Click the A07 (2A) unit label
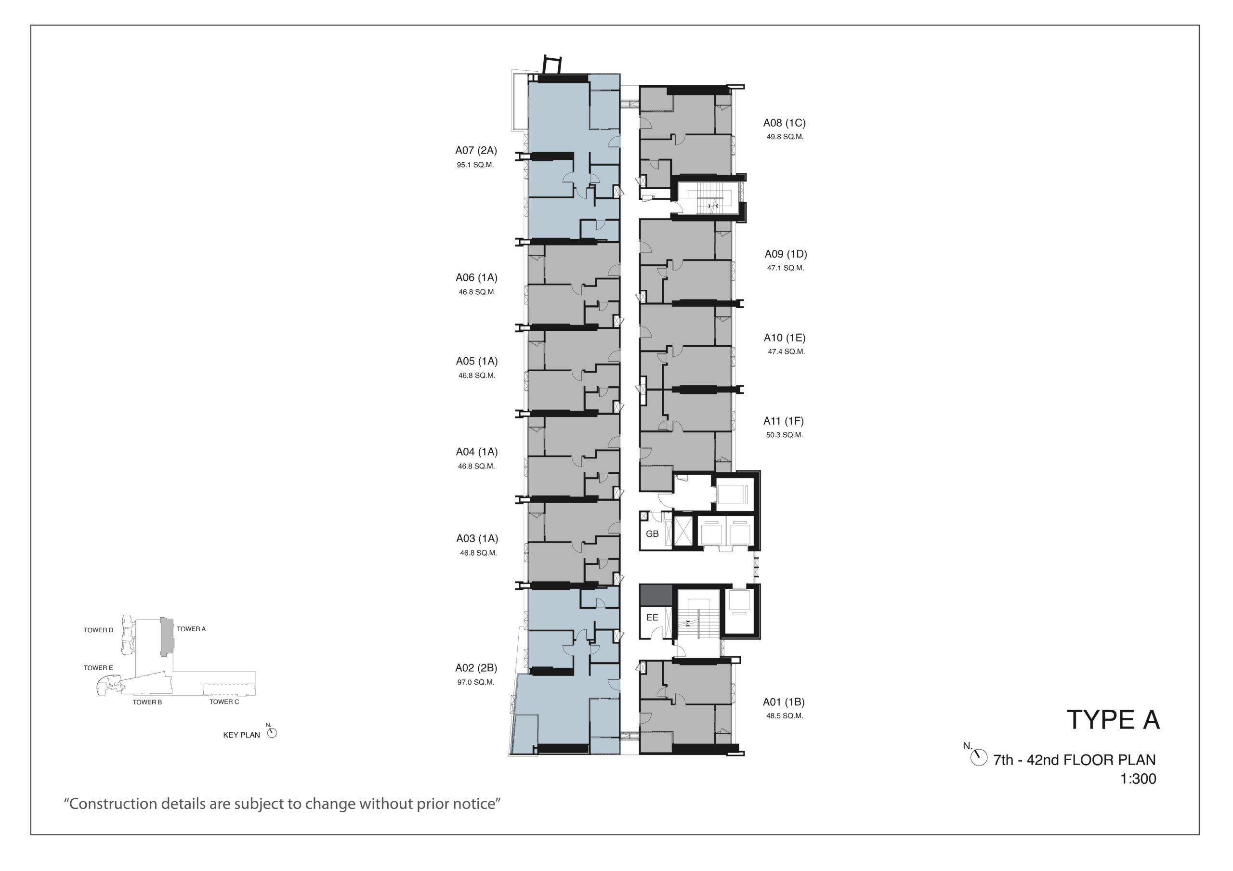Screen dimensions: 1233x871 (476, 150)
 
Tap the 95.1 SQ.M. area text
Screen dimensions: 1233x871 (475, 165)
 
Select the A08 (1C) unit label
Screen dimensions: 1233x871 (784, 123)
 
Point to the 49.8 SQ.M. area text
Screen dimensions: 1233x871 (785, 137)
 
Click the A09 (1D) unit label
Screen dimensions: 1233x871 (786, 254)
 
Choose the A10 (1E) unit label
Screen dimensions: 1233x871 (785, 338)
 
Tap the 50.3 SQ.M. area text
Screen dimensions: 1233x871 (784, 435)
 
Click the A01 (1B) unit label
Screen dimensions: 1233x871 (784, 702)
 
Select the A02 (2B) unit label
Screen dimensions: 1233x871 (476, 668)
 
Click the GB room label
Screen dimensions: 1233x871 (652, 534)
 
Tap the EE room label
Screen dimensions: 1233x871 (652, 618)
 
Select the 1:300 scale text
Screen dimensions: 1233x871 (1138, 779)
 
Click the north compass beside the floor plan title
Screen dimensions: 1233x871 (978, 757)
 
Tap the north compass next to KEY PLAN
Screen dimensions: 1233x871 (272, 733)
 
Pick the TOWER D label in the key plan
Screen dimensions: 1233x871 (98, 630)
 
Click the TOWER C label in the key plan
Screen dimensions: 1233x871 (224, 702)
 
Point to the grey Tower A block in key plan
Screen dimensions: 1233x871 (167, 637)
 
